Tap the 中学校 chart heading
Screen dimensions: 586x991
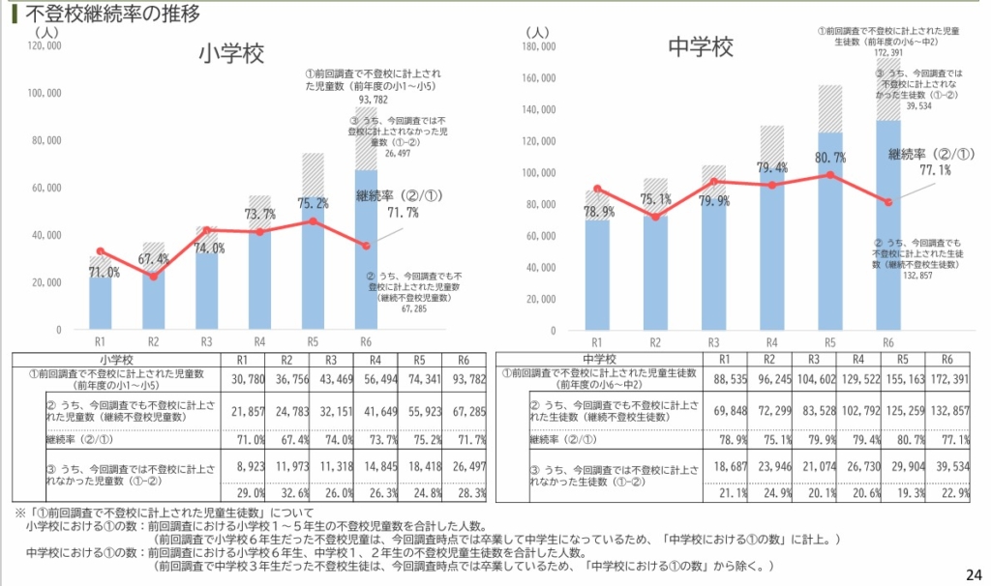click(700, 47)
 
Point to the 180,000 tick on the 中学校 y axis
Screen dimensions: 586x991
click(538, 45)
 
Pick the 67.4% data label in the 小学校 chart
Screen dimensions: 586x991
click(154, 259)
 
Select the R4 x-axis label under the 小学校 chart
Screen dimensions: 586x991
click(259, 341)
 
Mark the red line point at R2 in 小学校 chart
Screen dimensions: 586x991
click(153, 278)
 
